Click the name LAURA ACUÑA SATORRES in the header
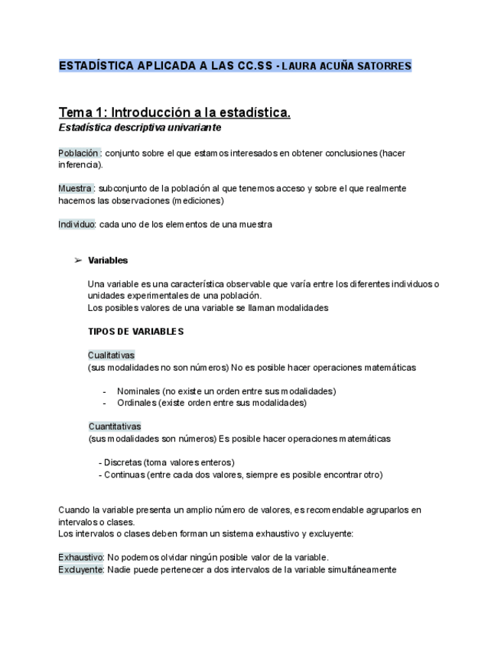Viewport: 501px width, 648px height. pyautogui.click(x=346, y=66)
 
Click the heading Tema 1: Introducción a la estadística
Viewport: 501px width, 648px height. pyautogui.click(x=174, y=112)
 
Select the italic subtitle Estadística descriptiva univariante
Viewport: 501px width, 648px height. pyautogui.click(x=140, y=128)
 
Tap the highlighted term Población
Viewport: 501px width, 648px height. pyautogui.click(x=80, y=153)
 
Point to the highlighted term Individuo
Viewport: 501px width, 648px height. pyautogui.click(x=77, y=225)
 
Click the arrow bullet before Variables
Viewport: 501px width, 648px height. pyautogui.click(x=78, y=261)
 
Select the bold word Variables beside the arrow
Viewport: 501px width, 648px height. pyautogui.click(x=108, y=261)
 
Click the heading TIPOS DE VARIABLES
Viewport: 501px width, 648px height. pyautogui.click(x=135, y=332)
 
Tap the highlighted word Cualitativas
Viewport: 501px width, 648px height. pyautogui.click(x=111, y=355)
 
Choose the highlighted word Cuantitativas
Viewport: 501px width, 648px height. pyautogui.click(x=115, y=426)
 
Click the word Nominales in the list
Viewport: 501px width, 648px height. pyautogui.click(x=138, y=391)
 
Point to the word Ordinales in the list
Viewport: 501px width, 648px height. pyautogui.click(x=137, y=403)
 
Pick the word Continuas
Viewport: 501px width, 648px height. pyautogui.click(x=125, y=475)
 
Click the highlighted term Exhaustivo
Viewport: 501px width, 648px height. pyautogui.click(x=80, y=558)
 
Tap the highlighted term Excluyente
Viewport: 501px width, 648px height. pyautogui.click(x=80, y=569)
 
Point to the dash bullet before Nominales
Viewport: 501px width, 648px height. pyautogui.click(x=104, y=391)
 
